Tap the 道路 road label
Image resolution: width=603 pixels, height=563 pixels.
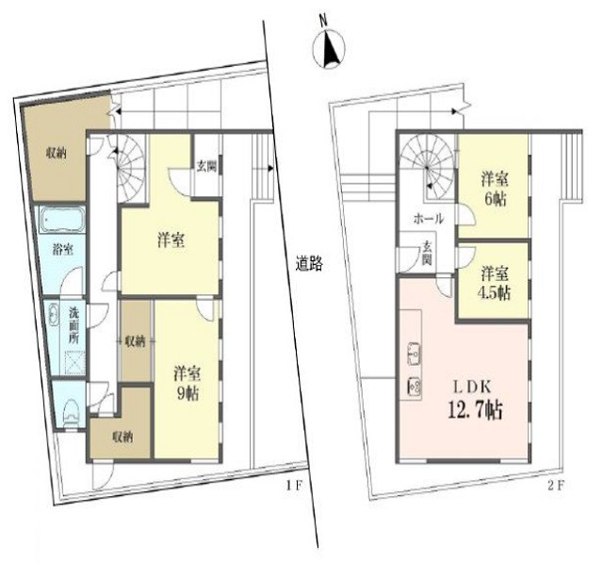pyautogui.click(x=309, y=264)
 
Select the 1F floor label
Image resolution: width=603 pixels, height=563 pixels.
pyautogui.click(x=295, y=486)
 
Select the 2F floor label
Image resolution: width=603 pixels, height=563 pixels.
pyautogui.click(x=555, y=486)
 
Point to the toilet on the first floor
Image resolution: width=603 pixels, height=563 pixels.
pyautogui.click(x=71, y=412)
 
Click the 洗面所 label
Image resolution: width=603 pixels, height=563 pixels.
pyautogui.click(x=73, y=325)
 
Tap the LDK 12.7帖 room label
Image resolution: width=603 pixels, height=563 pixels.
pyautogui.click(x=475, y=400)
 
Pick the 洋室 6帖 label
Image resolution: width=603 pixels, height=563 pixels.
pyautogui.click(x=495, y=190)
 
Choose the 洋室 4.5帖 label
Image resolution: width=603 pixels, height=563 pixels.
pyautogui.click(x=495, y=283)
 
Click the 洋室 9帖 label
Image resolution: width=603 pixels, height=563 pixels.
pyautogui.click(x=187, y=382)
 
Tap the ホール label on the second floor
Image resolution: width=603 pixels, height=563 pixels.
pyautogui.click(x=429, y=219)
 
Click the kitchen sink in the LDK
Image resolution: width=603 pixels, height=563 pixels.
pyautogui.click(x=415, y=353)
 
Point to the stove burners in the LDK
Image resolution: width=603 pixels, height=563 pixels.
pyautogui.click(x=415, y=387)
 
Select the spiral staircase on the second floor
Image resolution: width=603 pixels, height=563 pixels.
pyautogui.click(x=427, y=168)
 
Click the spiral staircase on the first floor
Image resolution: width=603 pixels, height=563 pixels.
pyautogui.click(x=129, y=168)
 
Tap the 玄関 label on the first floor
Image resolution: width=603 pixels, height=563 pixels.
pyautogui.click(x=207, y=166)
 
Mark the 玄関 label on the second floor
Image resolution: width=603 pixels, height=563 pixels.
pyautogui.click(x=427, y=253)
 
